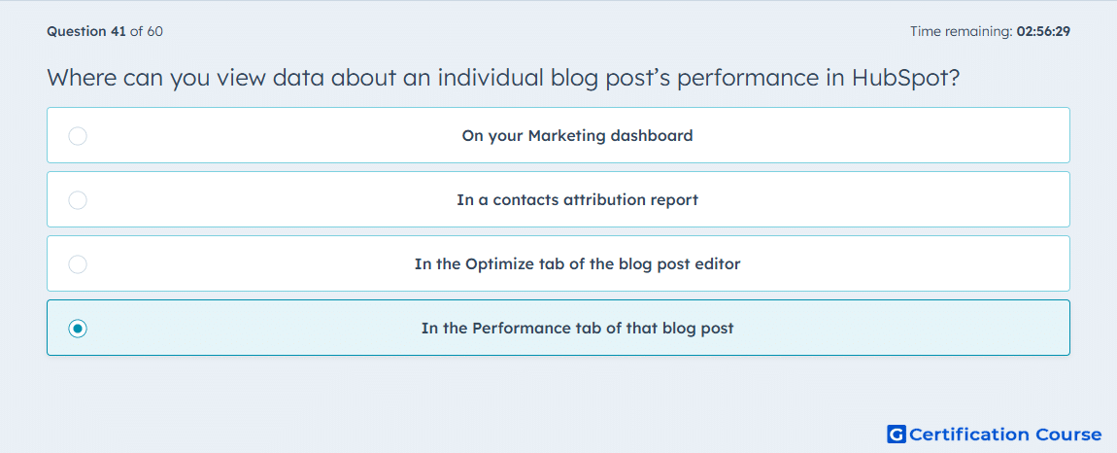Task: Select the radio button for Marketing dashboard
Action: (x=78, y=135)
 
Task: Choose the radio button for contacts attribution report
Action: (x=78, y=199)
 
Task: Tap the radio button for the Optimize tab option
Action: (x=78, y=264)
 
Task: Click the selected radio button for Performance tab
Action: (x=78, y=329)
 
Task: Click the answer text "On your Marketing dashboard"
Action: (x=577, y=135)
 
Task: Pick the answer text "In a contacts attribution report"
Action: (x=577, y=199)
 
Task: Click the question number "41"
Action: (x=118, y=31)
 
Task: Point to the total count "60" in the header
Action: (x=155, y=31)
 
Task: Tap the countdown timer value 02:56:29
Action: (x=1043, y=31)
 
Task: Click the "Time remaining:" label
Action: (x=962, y=31)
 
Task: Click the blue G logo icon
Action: (x=897, y=434)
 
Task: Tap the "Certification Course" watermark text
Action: (x=1006, y=434)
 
